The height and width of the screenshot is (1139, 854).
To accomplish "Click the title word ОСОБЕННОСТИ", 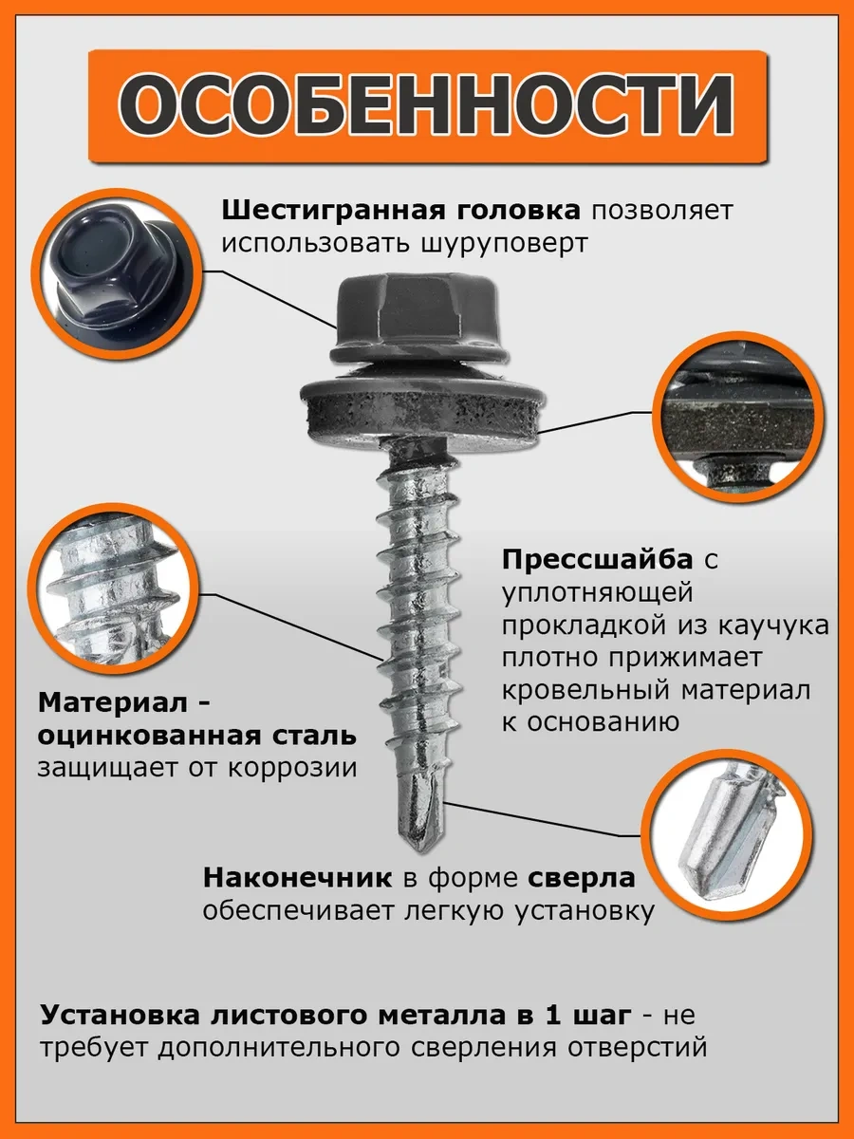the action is [426, 106].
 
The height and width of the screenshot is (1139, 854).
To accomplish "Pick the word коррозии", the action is [292, 769].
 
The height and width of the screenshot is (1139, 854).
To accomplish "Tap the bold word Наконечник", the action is [298, 879].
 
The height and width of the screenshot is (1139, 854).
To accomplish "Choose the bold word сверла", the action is [582, 879].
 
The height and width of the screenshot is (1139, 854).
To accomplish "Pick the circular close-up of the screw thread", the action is [114, 592].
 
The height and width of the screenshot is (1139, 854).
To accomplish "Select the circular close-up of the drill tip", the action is [727, 835].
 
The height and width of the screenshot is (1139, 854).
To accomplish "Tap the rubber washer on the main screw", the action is [422, 415].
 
